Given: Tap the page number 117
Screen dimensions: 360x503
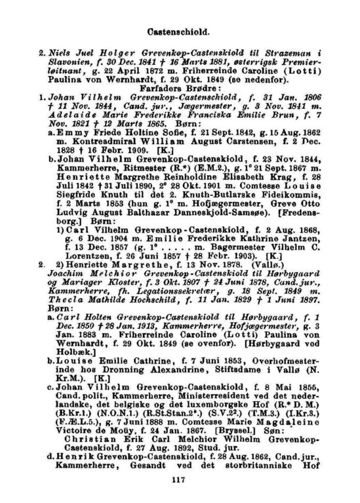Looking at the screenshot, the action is pyautogui.click(x=179, y=480).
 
